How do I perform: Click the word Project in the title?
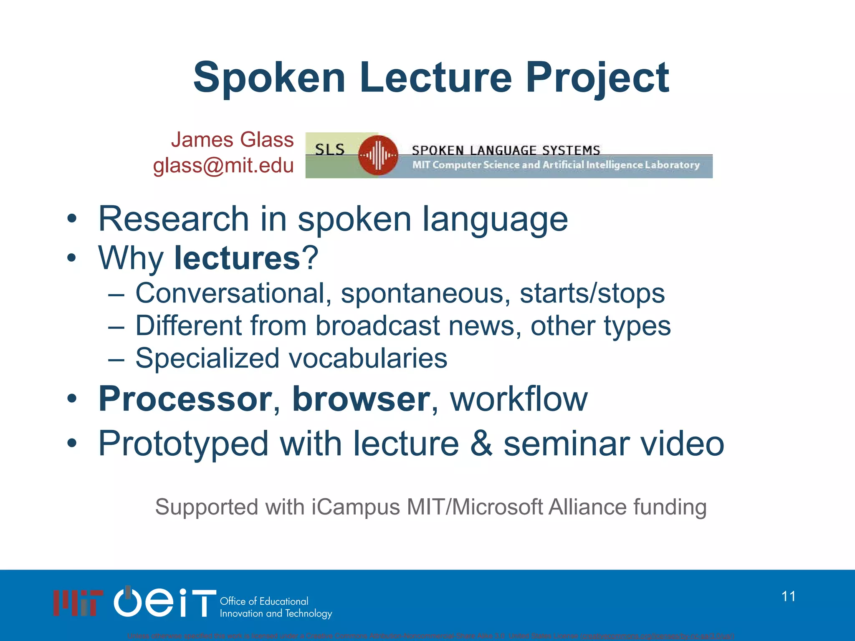[x=597, y=78]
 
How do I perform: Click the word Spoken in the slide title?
[x=269, y=78]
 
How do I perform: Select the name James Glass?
[x=232, y=140]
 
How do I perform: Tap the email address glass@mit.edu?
[x=223, y=166]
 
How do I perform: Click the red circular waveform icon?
[x=378, y=155]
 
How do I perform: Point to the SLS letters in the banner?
[x=329, y=149]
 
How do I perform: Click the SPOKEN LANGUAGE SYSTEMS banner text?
[x=506, y=150]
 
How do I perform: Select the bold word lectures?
[x=237, y=258]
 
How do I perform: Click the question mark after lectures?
[x=310, y=258]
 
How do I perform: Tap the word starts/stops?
[x=592, y=293]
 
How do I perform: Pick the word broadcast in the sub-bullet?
[x=377, y=326]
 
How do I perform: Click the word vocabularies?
[x=368, y=358]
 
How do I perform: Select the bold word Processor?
[x=185, y=399]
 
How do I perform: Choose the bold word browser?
[x=361, y=399]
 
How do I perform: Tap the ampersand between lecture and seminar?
[x=481, y=444]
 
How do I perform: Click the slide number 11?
[x=788, y=596]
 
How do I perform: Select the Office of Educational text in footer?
[x=264, y=601]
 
